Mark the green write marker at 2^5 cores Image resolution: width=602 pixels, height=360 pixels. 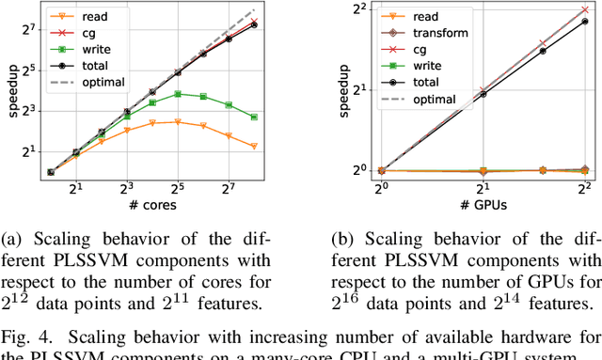coord(178,94)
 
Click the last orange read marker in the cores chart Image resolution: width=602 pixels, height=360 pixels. coord(254,146)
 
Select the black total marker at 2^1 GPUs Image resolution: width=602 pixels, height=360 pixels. coord(483,94)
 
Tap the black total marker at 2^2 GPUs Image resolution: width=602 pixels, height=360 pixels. coord(584,22)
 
